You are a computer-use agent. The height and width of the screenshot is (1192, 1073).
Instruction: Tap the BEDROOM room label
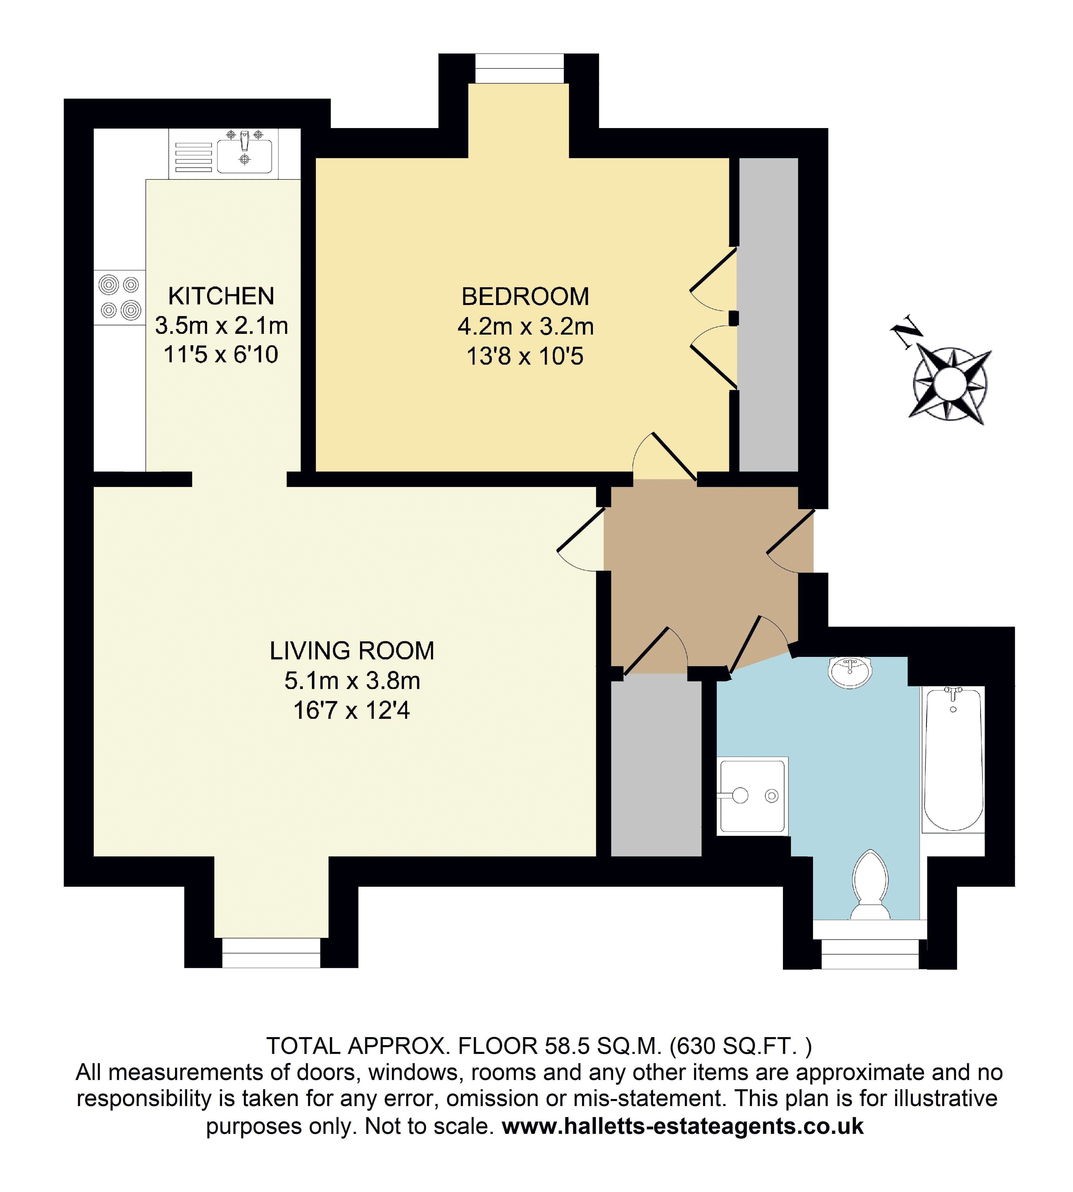pyautogui.click(x=525, y=296)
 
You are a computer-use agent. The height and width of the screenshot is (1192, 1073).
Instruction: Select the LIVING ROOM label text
pyautogui.click(x=352, y=651)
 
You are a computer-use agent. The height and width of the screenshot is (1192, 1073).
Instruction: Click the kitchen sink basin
pyautogui.click(x=245, y=156)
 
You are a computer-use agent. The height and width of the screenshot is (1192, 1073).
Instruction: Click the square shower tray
pyautogui.click(x=753, y=796)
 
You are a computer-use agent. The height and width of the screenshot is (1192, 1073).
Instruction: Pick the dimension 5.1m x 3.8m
pyautogui.click(x=352, y=681)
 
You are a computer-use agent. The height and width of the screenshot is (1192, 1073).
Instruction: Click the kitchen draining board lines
pyautogui.click(x=193, y=157)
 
